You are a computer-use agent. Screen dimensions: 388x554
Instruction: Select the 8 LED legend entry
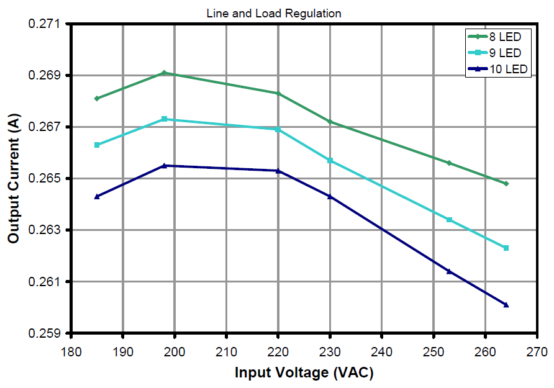497,37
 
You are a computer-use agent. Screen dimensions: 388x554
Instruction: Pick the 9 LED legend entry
497,53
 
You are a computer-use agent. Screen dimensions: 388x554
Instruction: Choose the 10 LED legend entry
497,69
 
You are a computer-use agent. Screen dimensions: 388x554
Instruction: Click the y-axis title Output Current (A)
13,178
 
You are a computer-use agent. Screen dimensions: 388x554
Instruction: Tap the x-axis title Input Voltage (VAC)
304,372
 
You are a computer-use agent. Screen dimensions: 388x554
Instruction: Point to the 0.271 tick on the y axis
48,24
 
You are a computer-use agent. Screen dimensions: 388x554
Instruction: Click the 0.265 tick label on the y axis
48,179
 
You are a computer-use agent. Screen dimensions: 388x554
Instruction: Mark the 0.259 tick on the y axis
48,333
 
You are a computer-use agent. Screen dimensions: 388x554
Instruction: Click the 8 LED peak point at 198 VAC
164,73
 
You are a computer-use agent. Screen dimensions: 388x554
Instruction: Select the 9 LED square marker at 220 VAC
278,129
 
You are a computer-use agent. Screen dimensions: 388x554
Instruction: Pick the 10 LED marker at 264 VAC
506,305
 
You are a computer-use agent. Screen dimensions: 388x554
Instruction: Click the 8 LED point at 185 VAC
97,98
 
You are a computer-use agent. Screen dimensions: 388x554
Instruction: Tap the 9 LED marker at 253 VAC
449,220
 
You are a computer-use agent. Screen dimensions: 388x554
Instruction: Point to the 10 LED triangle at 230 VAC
330,196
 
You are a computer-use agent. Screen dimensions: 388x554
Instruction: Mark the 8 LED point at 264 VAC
506,184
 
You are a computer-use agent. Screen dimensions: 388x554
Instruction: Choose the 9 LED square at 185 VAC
97,145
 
